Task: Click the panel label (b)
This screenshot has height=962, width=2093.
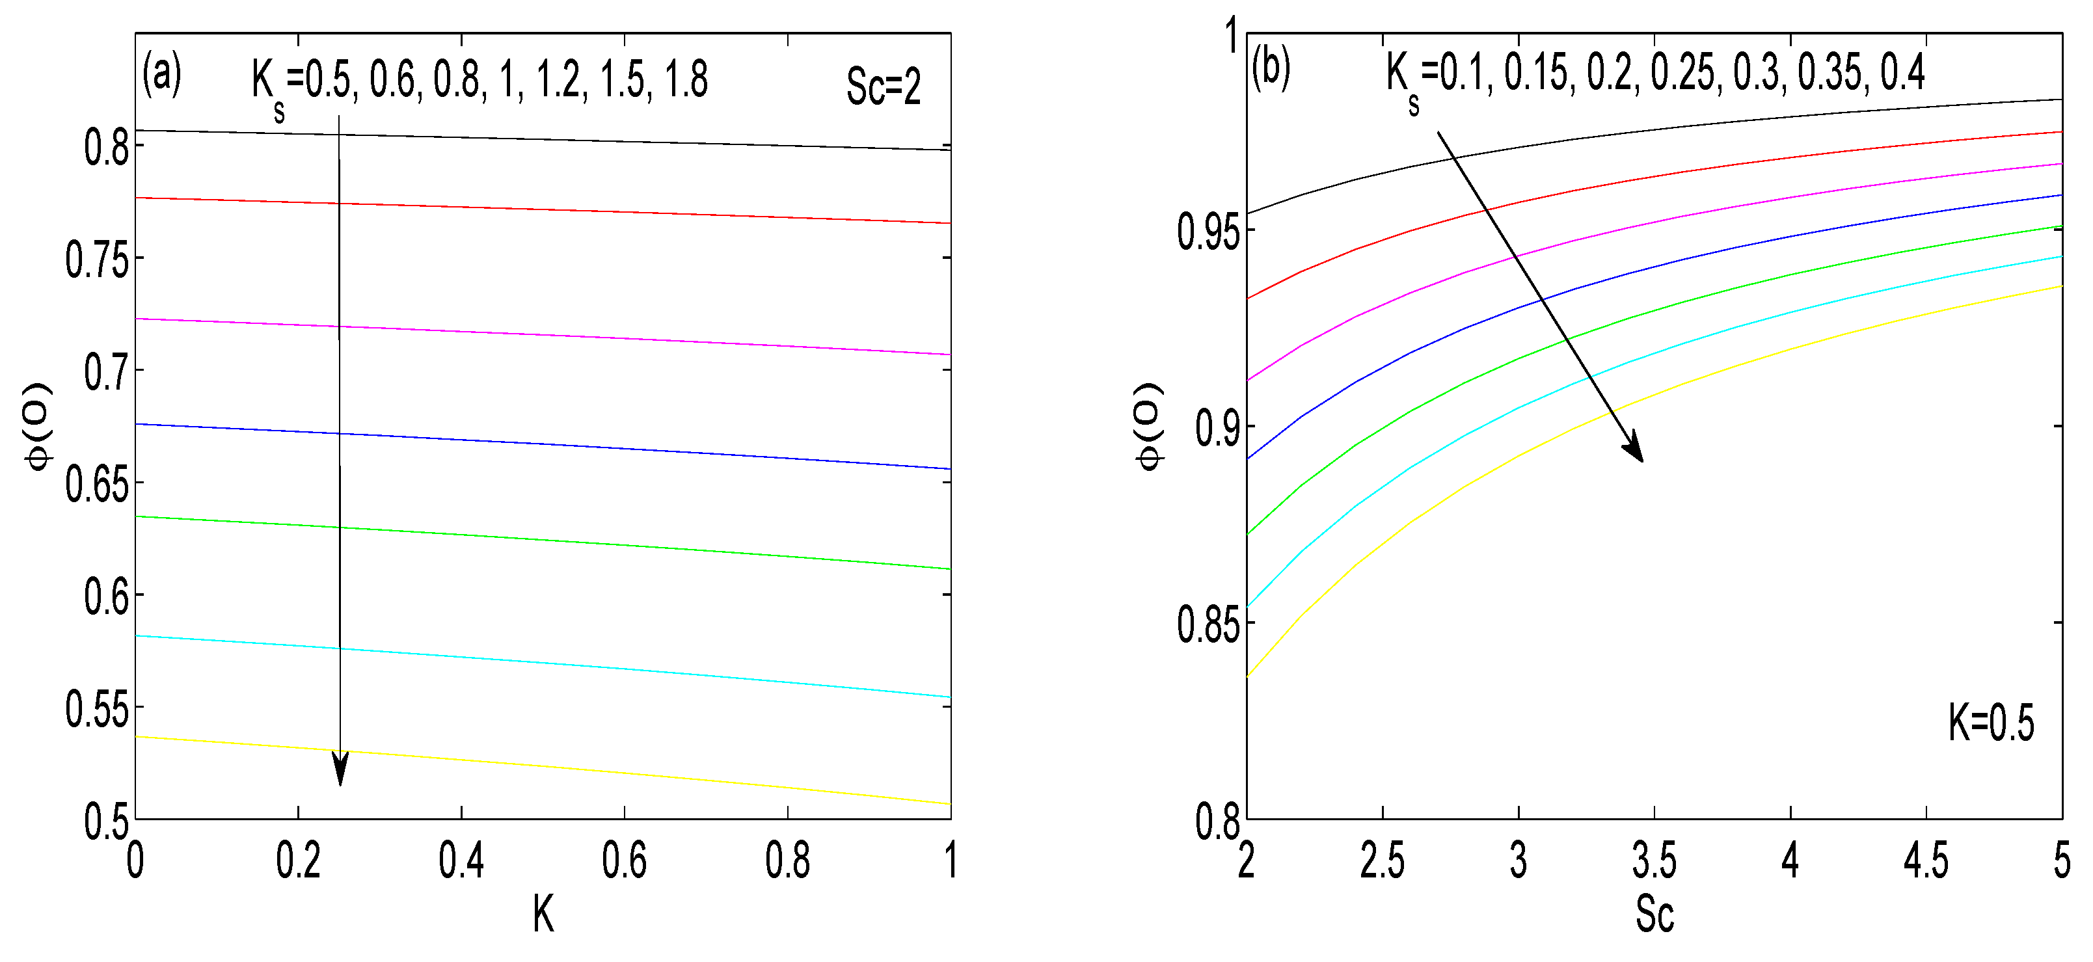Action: pos(1271,68)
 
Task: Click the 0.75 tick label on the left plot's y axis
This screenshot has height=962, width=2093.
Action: pos(97,261)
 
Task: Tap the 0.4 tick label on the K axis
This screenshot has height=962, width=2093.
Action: pos(461,861)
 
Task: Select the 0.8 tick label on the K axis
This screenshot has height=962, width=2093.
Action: pos(787,861)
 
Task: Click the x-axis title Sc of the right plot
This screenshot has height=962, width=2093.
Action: pos(1654,914)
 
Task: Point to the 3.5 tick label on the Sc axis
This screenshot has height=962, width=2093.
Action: pos(1654,861)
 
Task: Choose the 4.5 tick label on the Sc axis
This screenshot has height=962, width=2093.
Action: pos(1926,861)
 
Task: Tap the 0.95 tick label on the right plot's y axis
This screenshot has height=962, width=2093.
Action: pos(1208,232)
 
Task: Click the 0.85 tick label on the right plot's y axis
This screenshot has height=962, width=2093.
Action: pos(1208,626)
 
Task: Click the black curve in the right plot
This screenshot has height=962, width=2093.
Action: pos(1787,117)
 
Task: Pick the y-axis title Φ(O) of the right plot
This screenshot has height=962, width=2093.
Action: pos(1149,426)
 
